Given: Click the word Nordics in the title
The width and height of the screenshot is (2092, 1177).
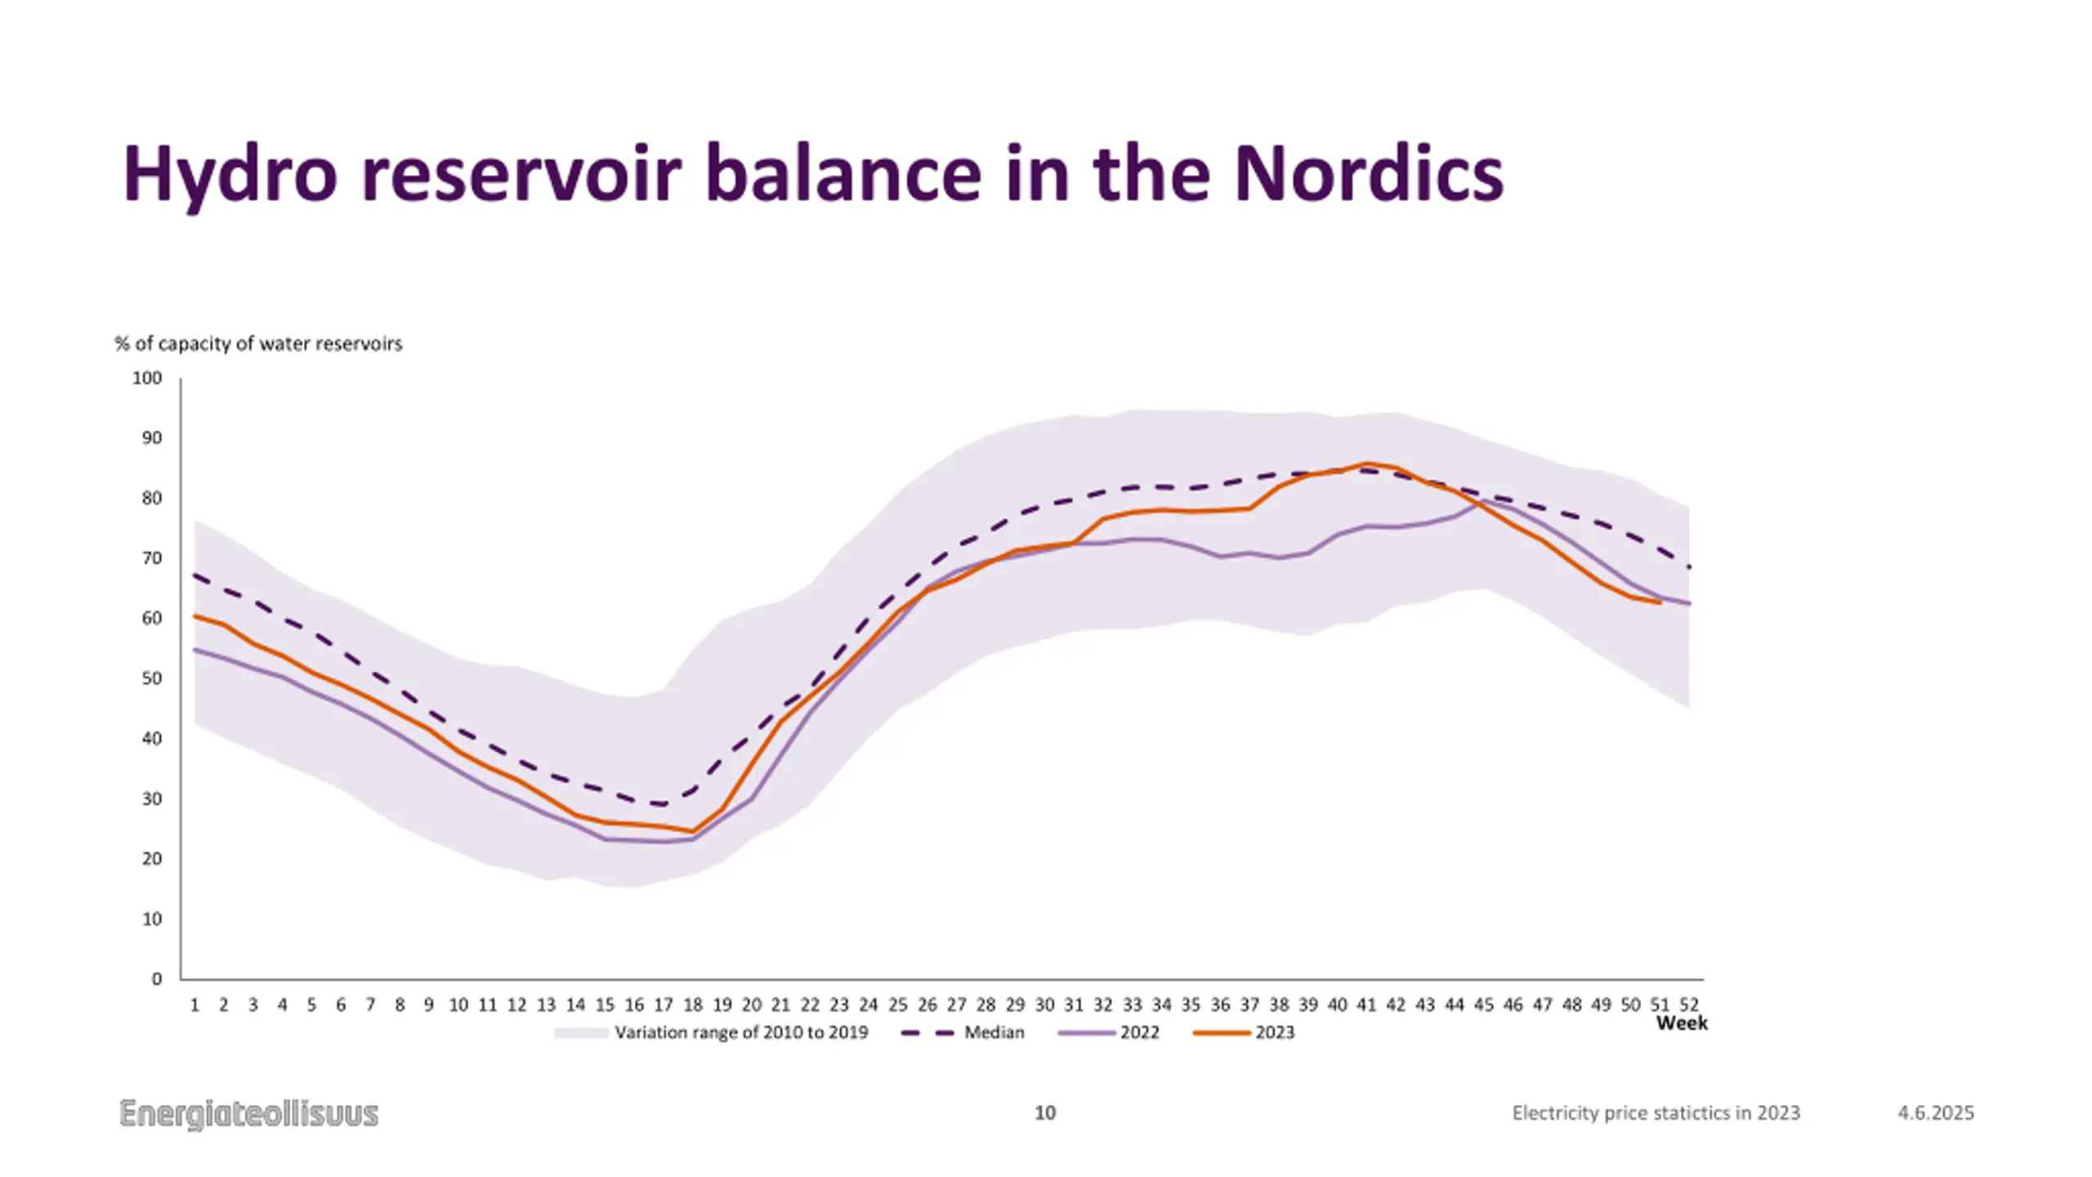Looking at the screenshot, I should coord(1368,174).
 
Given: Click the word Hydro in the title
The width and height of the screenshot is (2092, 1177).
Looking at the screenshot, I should coord(230,176).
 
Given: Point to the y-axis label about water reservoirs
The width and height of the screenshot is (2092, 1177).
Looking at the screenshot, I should coord(258,343).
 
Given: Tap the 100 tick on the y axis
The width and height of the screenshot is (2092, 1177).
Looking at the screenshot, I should coord(147,378).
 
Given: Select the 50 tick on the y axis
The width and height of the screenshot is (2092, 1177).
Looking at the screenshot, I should coord(152,678).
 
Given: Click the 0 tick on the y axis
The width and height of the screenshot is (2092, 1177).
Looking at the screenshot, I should coord(157,979).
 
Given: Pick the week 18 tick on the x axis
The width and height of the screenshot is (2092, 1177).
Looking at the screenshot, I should coord(692,1005).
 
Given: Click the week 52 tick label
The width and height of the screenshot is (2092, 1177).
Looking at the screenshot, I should coord(1689,1005).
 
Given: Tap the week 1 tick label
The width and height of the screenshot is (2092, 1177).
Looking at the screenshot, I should coord(194,1005).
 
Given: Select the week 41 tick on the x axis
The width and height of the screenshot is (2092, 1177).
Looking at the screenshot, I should coord(1366,1005).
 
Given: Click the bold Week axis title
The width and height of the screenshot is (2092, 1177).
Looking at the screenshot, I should coord(1681,1023).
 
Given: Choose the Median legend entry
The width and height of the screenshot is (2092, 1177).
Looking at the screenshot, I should coord(994,1032).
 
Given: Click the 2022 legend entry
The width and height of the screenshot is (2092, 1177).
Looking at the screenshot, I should coord(1139,1032).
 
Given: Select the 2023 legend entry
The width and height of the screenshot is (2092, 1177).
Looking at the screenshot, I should coord(1275,1032).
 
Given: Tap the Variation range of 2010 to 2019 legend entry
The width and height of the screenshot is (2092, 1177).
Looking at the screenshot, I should coord(740,1032).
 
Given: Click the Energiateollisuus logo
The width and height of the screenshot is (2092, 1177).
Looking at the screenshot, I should coord(249,1113).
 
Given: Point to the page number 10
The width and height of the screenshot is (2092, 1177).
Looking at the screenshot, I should coord(1045,1112).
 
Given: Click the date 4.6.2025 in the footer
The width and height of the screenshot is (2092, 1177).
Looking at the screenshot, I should coord(1935,1113).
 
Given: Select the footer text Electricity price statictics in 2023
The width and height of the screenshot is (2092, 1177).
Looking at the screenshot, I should coord(1656,1113).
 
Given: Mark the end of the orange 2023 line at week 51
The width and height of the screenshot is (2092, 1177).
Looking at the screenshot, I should coord(1660,602).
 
